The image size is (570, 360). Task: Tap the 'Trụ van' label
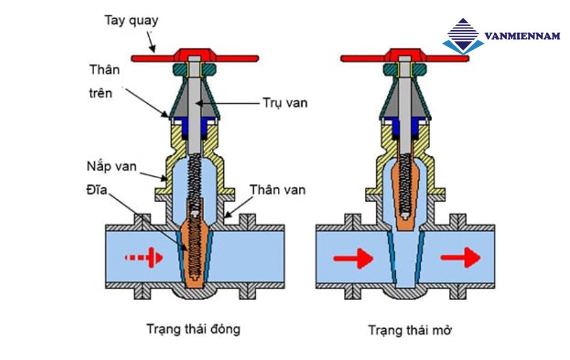tap(284, 103)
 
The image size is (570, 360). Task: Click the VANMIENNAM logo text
tap(521, 36)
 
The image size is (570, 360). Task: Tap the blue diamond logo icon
tap(463, 37)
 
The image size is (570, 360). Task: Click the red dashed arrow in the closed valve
tap(144, 257)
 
